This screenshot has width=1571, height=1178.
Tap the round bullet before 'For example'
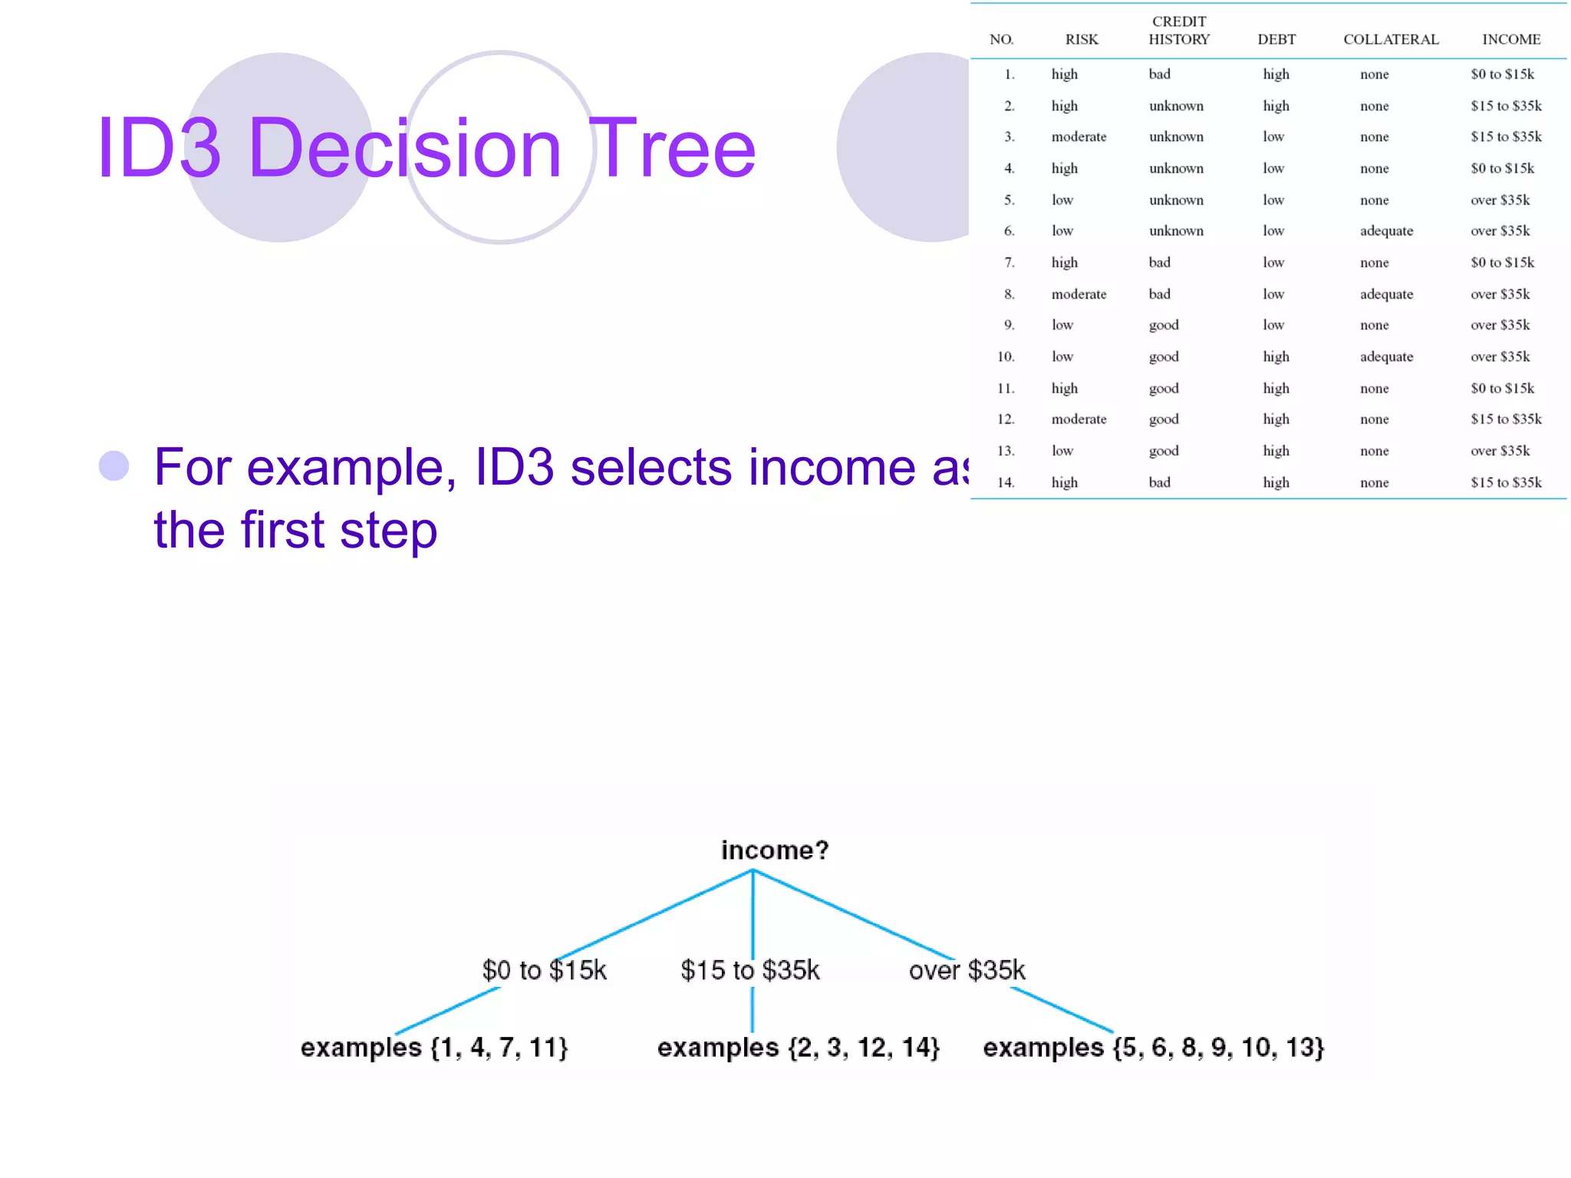click(114, 466)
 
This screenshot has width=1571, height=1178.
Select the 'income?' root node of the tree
click(775, 850)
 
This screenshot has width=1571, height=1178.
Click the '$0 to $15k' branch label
click(544, 970)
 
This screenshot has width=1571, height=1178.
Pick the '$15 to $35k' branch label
click(750, 970)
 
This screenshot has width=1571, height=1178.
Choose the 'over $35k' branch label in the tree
click(967, 970)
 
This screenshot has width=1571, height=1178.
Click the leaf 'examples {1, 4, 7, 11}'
click(434, 1048)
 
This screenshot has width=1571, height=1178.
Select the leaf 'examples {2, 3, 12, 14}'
click(798, 1048)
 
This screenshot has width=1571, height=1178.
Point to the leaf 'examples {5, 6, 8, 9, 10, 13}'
click(1154, 1048)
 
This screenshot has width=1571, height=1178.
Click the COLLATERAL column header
click(1391, 39)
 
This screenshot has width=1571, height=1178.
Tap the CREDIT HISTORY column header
click(1179, 31)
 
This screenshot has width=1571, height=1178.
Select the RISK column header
click(1082, 39)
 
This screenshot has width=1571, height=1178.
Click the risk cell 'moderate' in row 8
click(1079, 294)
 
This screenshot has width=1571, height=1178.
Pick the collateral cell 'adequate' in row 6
click(1386, 231)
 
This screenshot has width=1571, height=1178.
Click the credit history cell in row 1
click(1160, 74)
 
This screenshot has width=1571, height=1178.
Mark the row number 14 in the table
click(1006, 482)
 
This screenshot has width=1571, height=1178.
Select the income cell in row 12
click(1506, 420)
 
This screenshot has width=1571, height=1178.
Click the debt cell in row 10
click(1276, 357)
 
